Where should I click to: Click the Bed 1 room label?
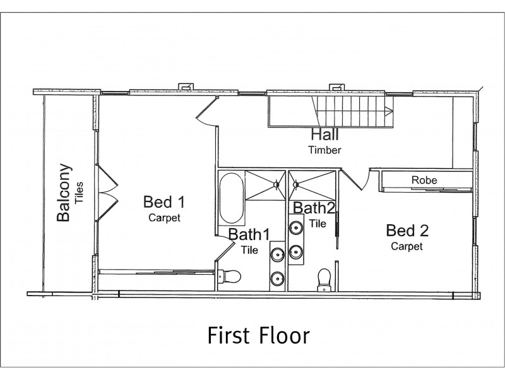coord(164,202)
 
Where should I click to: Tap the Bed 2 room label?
coord(406,229)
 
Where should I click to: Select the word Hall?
coord(324,135)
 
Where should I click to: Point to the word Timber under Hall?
coord(324,150)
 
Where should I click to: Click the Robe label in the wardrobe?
coord(424,180)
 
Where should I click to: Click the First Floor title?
coord(259,335)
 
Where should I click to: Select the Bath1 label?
coord(249,234)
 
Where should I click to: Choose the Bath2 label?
coord(314,208)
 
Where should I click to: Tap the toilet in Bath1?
coord(231,276)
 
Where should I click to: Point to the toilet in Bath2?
coord(325,278)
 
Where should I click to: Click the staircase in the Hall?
coord(353,111)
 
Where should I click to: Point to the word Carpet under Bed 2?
coord(406,246)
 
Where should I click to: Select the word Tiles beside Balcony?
coord(80,193)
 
